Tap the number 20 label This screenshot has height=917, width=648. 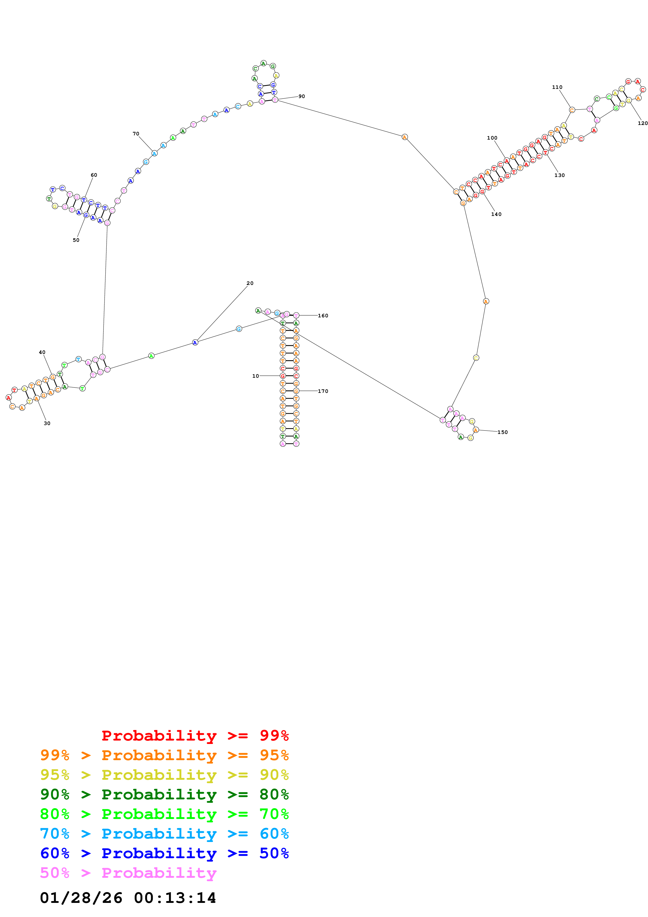(x=250, y=283)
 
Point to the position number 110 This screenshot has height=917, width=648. (x=557, y=87)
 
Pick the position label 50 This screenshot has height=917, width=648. (x=76, y=240)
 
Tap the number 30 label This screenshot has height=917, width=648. (x=47, y=423)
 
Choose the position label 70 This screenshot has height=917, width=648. (x=136, y=134)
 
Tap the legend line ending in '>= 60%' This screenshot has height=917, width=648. (x=164, y=834)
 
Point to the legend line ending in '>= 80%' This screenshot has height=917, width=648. (x=164, y=794)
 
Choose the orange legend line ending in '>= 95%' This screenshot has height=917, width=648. (x=164, y=755)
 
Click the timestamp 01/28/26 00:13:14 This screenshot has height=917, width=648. (x=128, y=897)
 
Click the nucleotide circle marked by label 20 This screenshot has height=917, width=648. (x=195, y=342)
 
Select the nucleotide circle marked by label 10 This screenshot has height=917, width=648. (x=283, y=376)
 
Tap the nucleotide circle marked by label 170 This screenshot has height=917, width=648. (x=296, y=391)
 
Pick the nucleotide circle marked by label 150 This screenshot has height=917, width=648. (x=475, y=430)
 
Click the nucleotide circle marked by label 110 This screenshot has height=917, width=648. (x=572, y=110)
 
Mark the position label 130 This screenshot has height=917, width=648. (x=559, y=175)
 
